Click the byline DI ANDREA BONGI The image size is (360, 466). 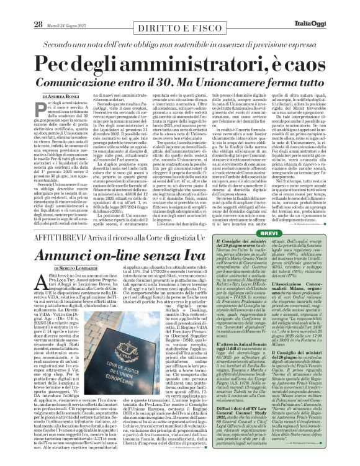tap(55, 96)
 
